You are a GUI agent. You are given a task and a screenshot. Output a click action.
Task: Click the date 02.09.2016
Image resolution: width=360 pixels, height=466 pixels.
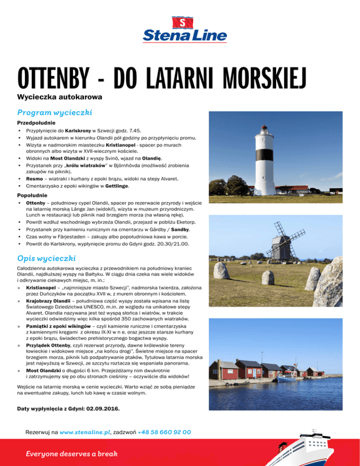coord(103,408)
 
